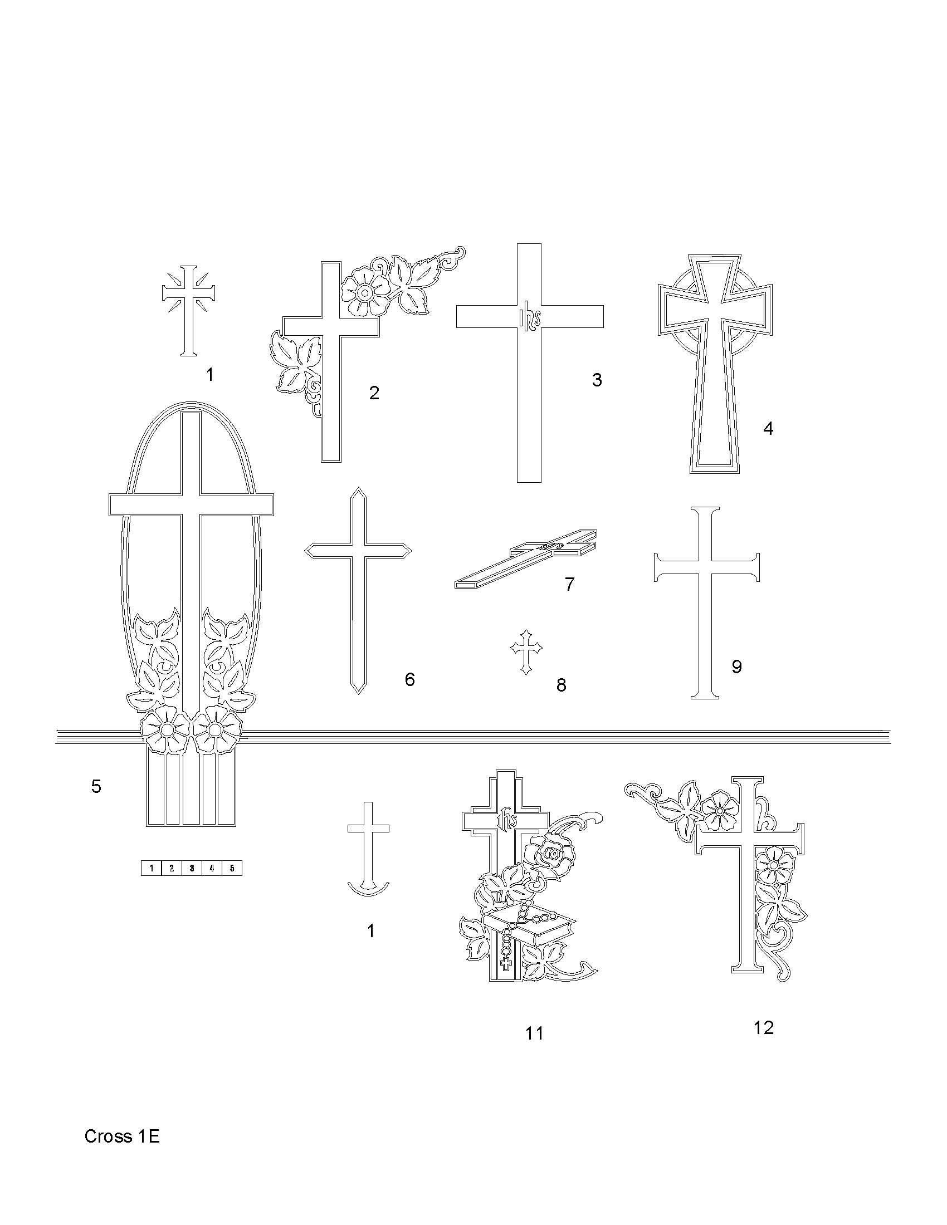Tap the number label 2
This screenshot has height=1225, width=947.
(x=374, y=393)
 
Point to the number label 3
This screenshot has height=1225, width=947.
(x=597, y=380)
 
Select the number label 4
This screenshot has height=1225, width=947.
(x=768, y=429)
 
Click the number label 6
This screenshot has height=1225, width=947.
(x=410, y=679)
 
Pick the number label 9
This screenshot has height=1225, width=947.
(x=736, y=667)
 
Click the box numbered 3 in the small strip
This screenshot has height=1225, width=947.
(x=191, y=868)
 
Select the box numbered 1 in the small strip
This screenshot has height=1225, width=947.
(x=151, y=868)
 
